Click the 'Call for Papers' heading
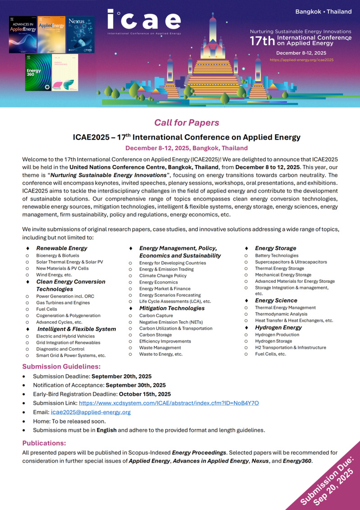click(x=187, y=123)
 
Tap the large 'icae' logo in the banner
click(x=144, y=20)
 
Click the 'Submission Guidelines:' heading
click(x=62, y=367)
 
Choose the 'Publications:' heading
click(x=45, y=443)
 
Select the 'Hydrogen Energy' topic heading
click(x=278, y=327)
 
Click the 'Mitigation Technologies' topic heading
click(x=172, y=308)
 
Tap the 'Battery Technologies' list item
click(x=277, y=256)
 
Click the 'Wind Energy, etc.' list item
click(x=54, y=275)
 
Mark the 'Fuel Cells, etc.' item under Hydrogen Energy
click(x=270, y=354)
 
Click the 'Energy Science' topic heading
click(x=276, y=300)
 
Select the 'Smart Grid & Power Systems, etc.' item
click(x=71, y=356)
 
